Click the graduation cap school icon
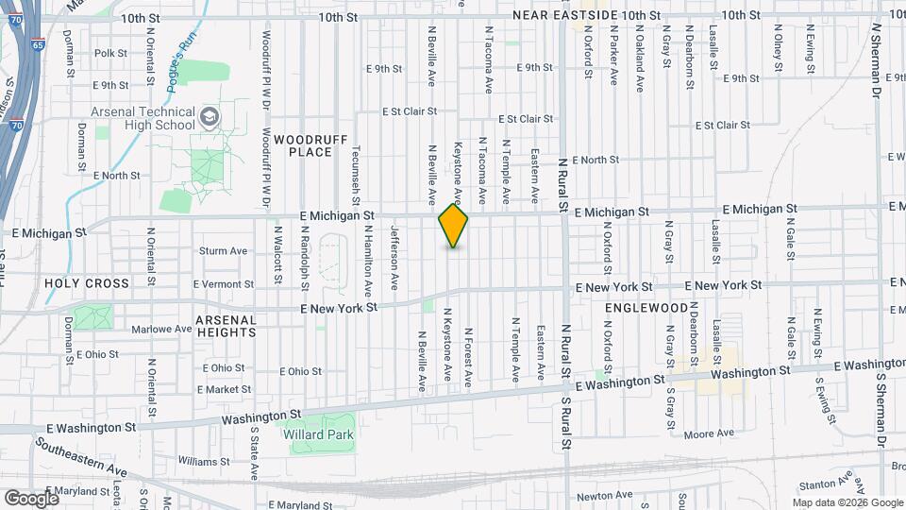[210, 117]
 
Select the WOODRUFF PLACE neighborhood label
[304, 145]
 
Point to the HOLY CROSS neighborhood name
[86, 283]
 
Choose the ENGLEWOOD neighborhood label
[646, 308]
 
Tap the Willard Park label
[319, 435]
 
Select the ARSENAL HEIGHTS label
[226, 326]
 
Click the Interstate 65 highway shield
[37, 44]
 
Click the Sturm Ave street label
[223, 251]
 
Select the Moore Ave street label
[710, 433]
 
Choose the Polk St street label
[110, 54]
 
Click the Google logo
[31, 498]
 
